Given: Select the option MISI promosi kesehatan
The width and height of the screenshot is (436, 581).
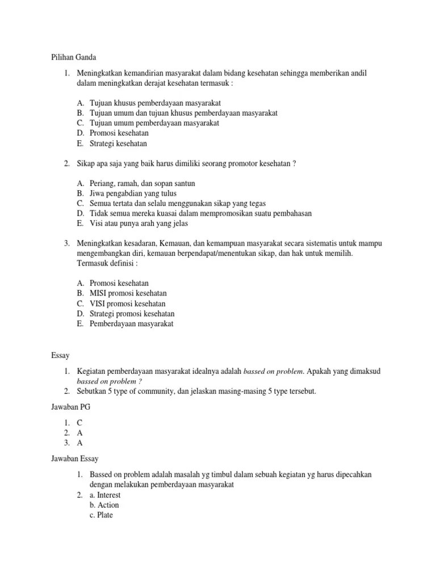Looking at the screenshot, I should click(128, 293).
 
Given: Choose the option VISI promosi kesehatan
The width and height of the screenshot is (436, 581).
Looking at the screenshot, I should click(128, 304).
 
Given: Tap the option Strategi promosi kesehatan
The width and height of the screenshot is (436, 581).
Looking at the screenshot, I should click(132, 314).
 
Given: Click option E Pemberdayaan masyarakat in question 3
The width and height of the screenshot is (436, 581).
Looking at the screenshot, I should click(131, 324).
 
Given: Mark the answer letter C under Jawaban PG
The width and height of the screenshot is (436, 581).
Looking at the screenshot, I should click(80, 423).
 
